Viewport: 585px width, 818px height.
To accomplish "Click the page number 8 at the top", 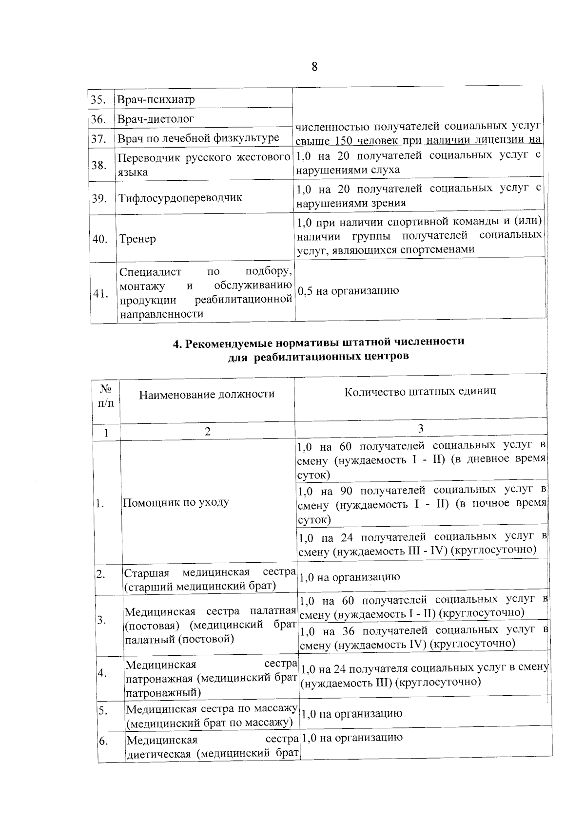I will [314, 67].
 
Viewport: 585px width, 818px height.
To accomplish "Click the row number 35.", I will [99, 100].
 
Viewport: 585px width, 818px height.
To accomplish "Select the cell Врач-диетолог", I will [156, 119].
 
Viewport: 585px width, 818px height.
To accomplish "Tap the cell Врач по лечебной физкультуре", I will [198, 138].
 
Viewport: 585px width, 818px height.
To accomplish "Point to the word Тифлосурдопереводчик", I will [180, 198].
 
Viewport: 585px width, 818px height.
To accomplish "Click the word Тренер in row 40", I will [137, 239].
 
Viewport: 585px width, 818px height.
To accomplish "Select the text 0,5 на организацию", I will [348, 291].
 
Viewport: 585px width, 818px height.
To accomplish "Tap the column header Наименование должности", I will [207, 394].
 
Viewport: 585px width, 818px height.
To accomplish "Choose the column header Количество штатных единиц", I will [420, 391].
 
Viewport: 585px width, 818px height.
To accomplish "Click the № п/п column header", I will [106, 395].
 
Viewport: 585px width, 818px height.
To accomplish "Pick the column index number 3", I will [420, 428].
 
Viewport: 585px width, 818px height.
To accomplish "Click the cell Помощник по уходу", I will [175, 502].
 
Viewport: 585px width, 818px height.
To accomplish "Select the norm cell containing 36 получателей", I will [423, 636].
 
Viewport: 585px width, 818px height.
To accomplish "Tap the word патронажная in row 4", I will [160, 678].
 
